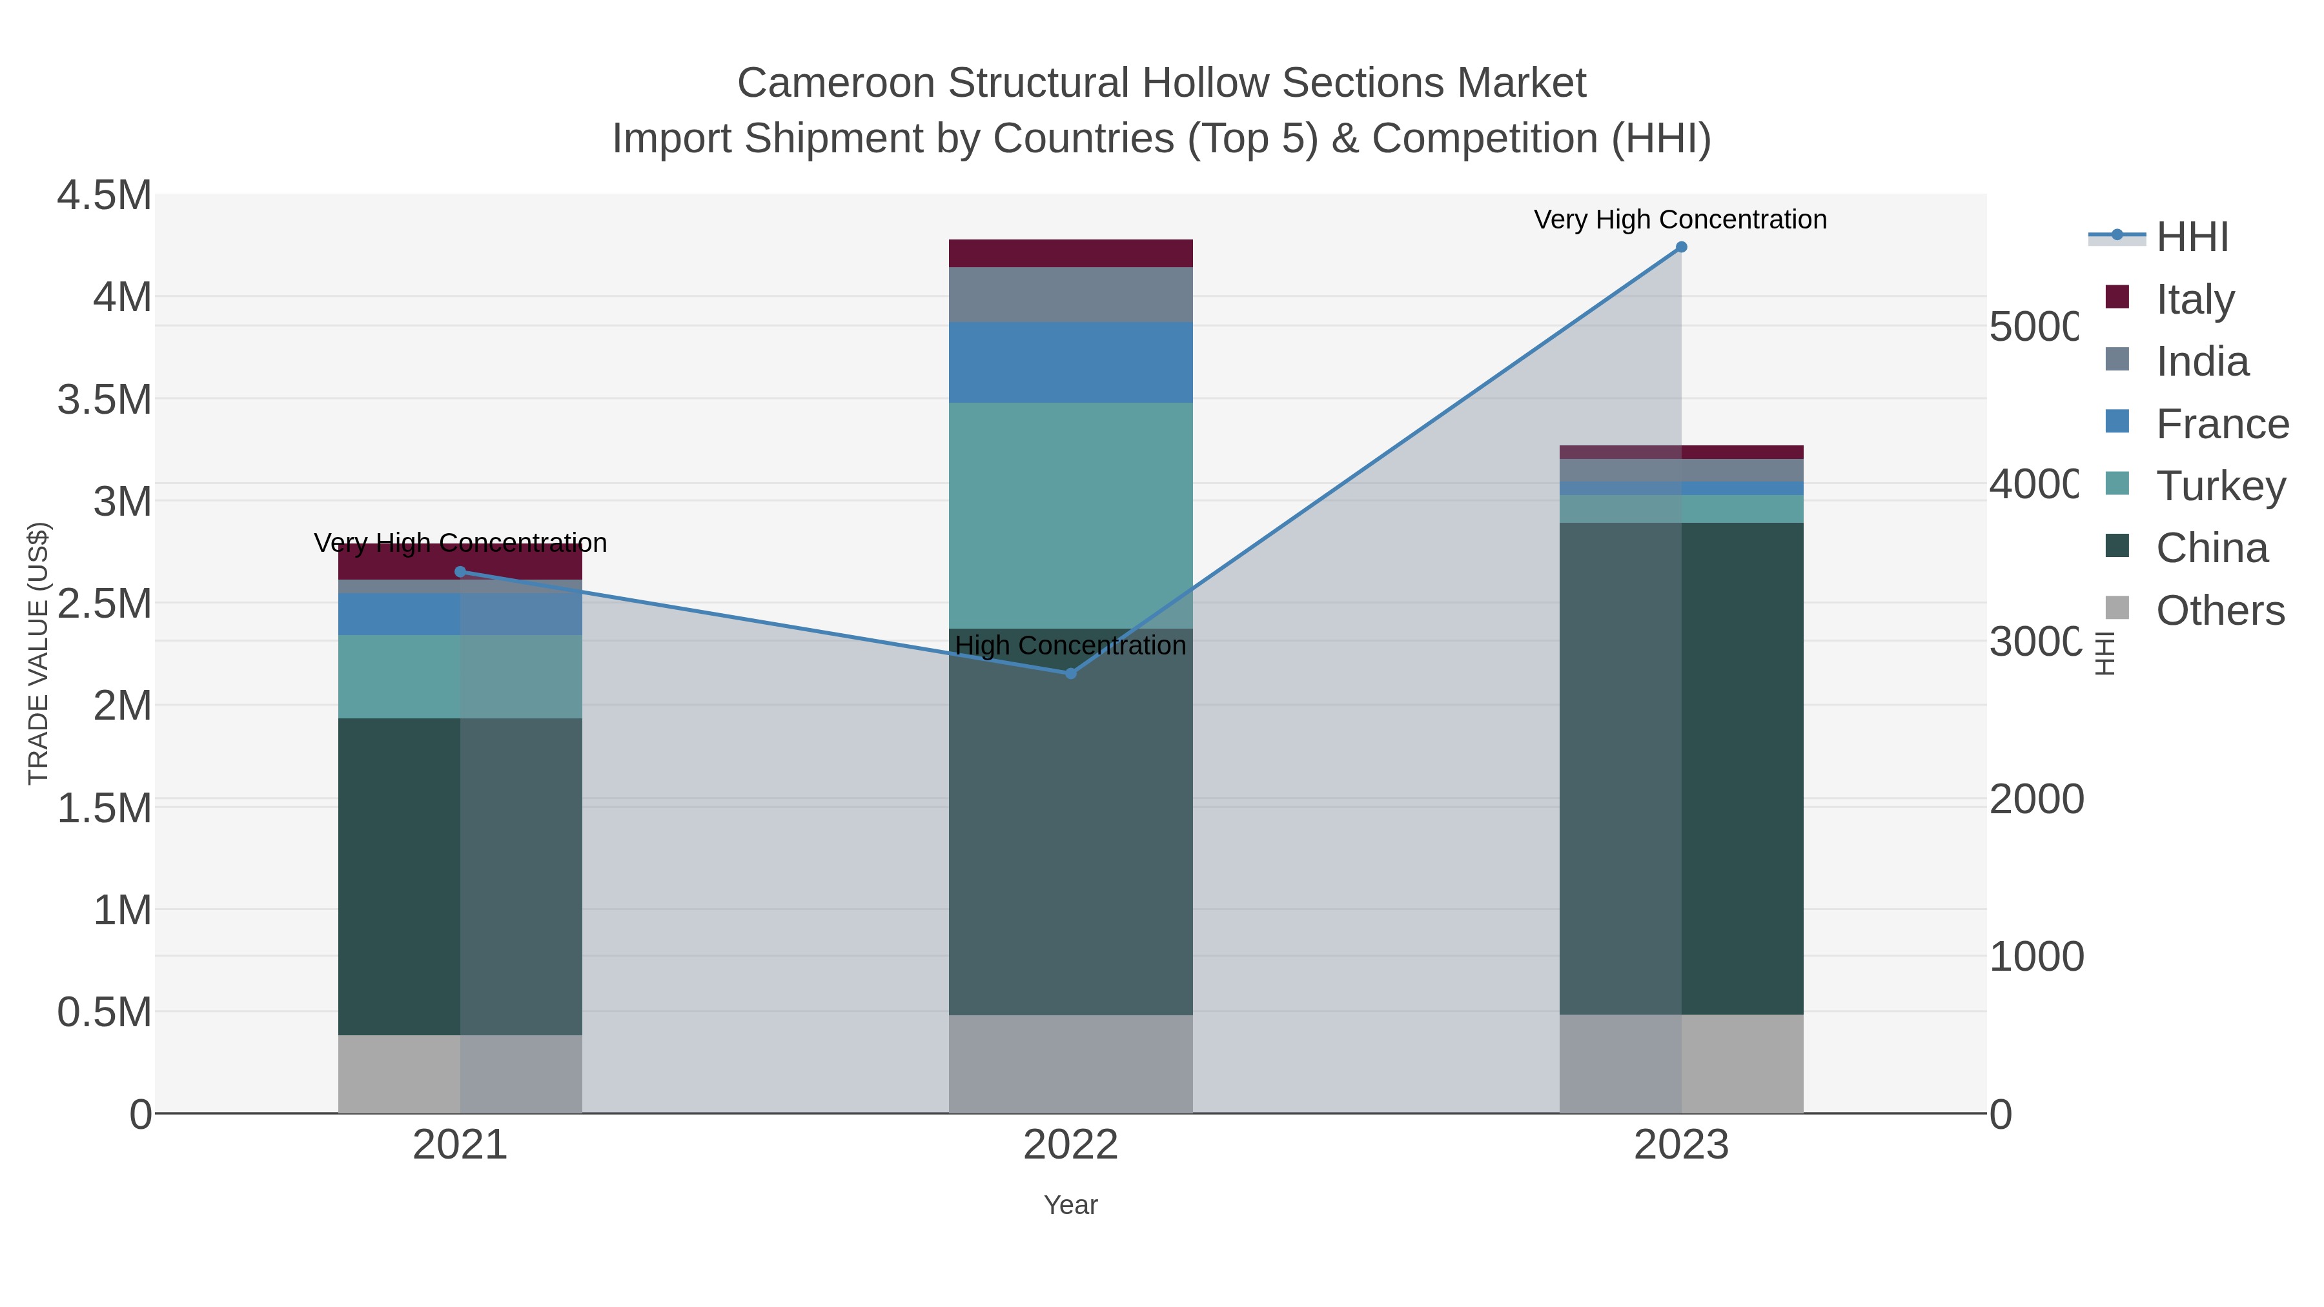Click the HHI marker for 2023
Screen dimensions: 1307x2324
tap(1681, 247)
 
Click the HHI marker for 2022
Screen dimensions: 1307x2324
tap(1071, 673)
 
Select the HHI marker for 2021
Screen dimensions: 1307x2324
tap(460, 572)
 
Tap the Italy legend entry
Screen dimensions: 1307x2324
tap(2194, 299)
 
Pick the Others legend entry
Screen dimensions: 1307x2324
tap(2219, 610)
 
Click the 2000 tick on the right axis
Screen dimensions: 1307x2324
tap(2036, 799)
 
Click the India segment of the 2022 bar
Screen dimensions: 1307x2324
tap(1071, 294)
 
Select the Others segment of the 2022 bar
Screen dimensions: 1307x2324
tap(1071, 1064)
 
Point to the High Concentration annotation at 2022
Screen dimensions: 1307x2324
tap(1071, 646)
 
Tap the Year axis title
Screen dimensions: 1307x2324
tap(1071, 1205)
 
